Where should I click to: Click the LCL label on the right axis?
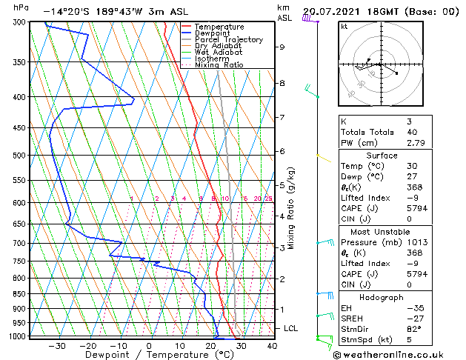291,328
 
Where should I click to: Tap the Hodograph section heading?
382,297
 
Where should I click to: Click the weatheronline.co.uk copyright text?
387,353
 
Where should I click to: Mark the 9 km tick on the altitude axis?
282,47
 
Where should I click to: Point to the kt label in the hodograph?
344,26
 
